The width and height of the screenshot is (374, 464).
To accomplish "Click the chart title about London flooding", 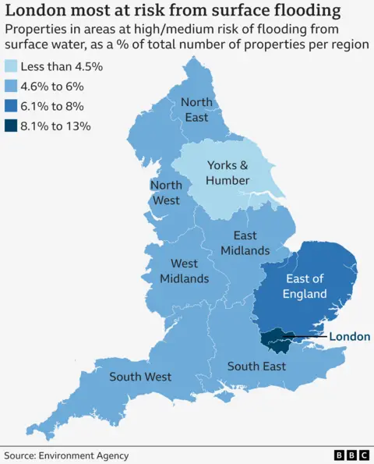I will point(172,11).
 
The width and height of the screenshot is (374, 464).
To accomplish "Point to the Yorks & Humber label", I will point(228,173).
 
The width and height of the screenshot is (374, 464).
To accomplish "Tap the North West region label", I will point(165,193).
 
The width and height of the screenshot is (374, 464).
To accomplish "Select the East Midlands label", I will point(245,243).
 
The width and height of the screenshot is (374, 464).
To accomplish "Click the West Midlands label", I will point(185,271).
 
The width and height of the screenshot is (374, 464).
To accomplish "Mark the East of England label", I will point(305,286).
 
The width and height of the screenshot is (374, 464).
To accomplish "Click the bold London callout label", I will point(349,337).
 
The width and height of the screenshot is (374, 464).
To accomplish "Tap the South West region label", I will point(140,377).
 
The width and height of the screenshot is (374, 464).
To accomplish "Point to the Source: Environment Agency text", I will point(66,455).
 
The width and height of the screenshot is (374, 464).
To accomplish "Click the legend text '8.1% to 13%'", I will point(56,126).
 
